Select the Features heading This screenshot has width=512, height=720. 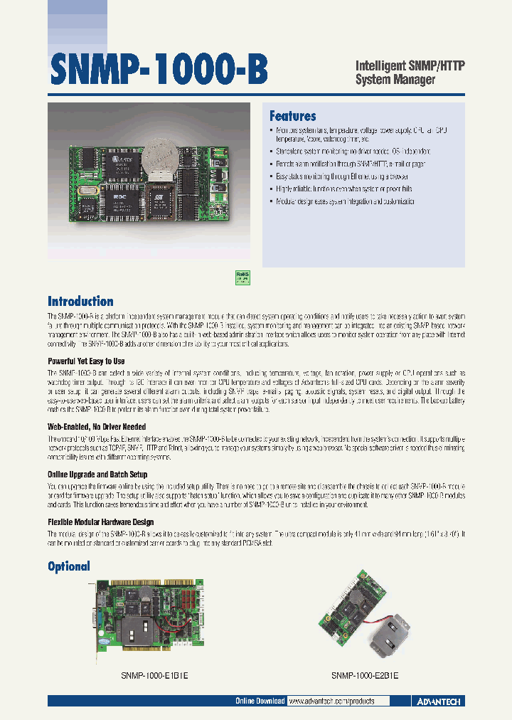(292, 117)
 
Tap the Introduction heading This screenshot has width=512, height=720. (80, 301)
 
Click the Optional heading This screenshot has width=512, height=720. (69, 566)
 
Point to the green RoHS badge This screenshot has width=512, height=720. (242, 277)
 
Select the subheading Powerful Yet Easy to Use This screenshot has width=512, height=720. (86, 361)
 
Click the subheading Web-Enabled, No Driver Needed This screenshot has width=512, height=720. (97, 427)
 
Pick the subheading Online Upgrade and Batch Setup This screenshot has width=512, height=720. (97, 474)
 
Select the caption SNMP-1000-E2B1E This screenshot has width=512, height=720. (365, 677)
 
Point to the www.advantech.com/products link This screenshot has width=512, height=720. (331, 702)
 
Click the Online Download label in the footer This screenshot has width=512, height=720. (260, 702)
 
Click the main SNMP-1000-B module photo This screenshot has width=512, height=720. (149, 182)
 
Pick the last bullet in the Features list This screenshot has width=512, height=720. (344, 202)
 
